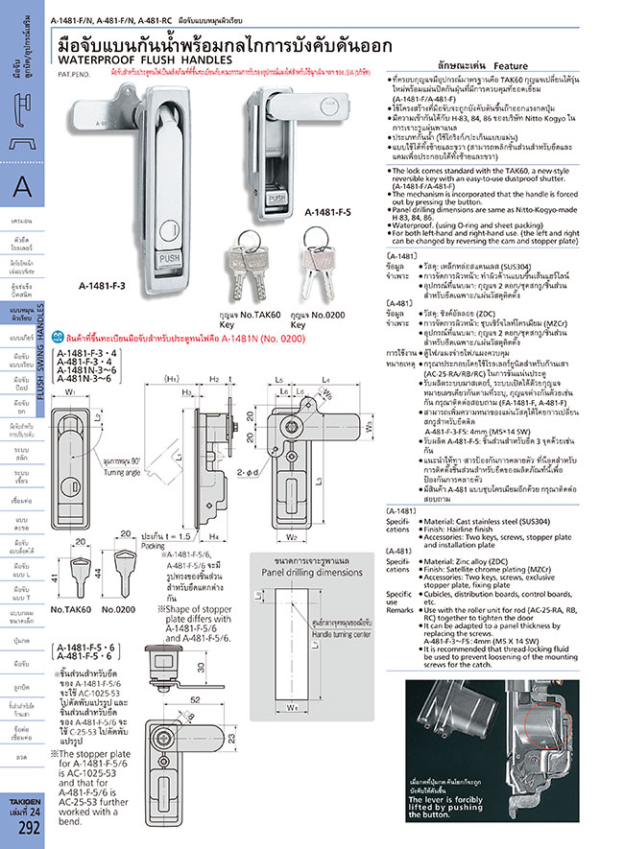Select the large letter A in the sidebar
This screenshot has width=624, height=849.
(23, 190)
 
